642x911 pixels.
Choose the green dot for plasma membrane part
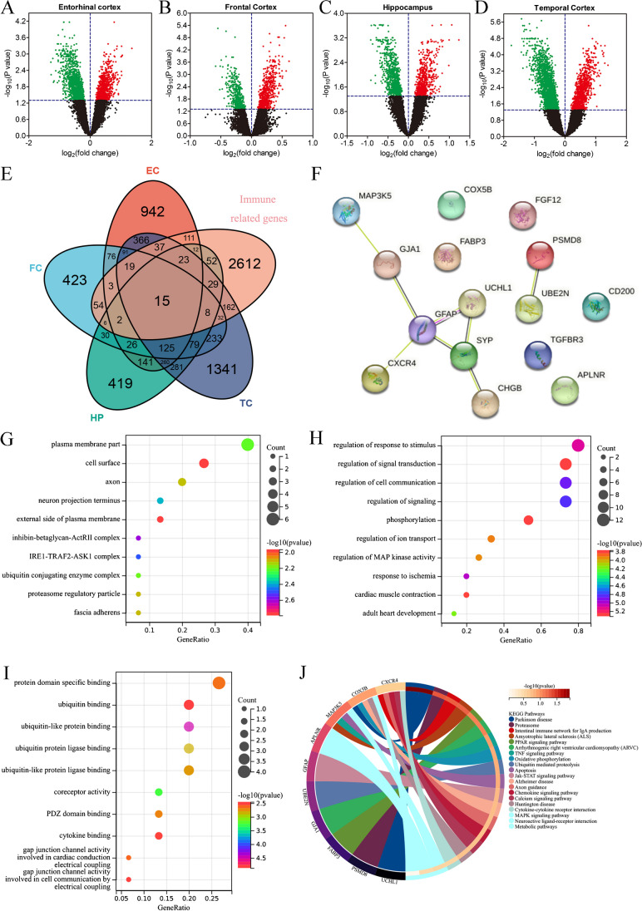247,445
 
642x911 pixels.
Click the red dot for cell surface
204,463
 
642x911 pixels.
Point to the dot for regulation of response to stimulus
578,446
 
